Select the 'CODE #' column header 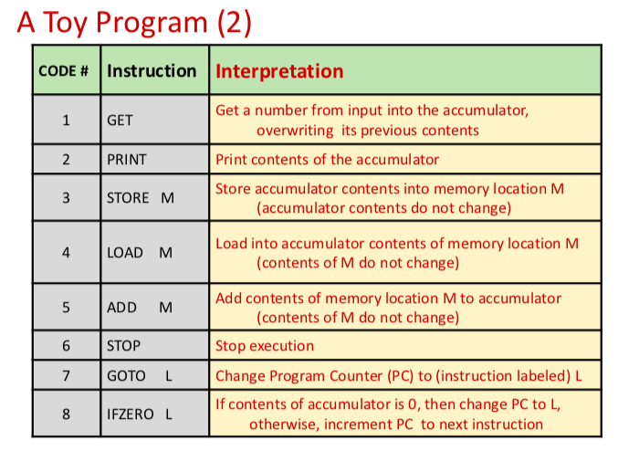click(64, 71)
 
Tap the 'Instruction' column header click(152, 71)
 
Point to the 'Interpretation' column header click(279, 71)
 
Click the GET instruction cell click(120, 121)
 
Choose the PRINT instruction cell click(127, 160)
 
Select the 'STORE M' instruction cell click(140, 197)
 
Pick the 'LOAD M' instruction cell click(139, 252)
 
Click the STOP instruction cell click(124, 346)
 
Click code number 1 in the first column click(66, 121)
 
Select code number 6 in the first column click(66, 346)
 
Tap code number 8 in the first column click(66, 414)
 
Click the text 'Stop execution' click(265, 346)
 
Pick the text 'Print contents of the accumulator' click(327, 160)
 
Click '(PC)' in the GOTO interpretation click(403, 375)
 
